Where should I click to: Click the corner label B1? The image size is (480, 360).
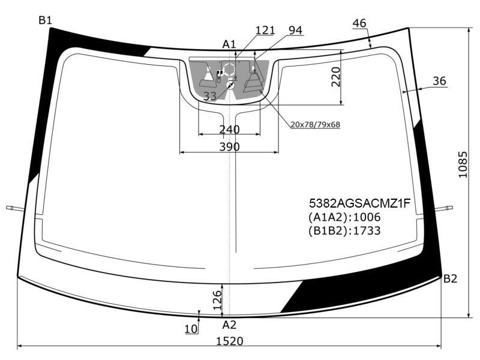coord(46,20)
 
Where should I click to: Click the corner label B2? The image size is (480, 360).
coord(451,278)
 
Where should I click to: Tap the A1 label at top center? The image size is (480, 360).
coord(229,44)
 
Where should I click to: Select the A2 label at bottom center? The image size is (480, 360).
coord(229,325)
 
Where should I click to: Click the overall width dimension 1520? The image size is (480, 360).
coord(230,341)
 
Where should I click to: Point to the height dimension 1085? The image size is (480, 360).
coord(463,164)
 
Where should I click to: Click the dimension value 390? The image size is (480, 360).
coord(230,147)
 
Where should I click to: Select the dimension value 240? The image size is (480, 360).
coord(230,130)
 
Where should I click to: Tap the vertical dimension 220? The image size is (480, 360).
coord(336,77)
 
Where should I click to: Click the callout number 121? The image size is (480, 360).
coord(265,31)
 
